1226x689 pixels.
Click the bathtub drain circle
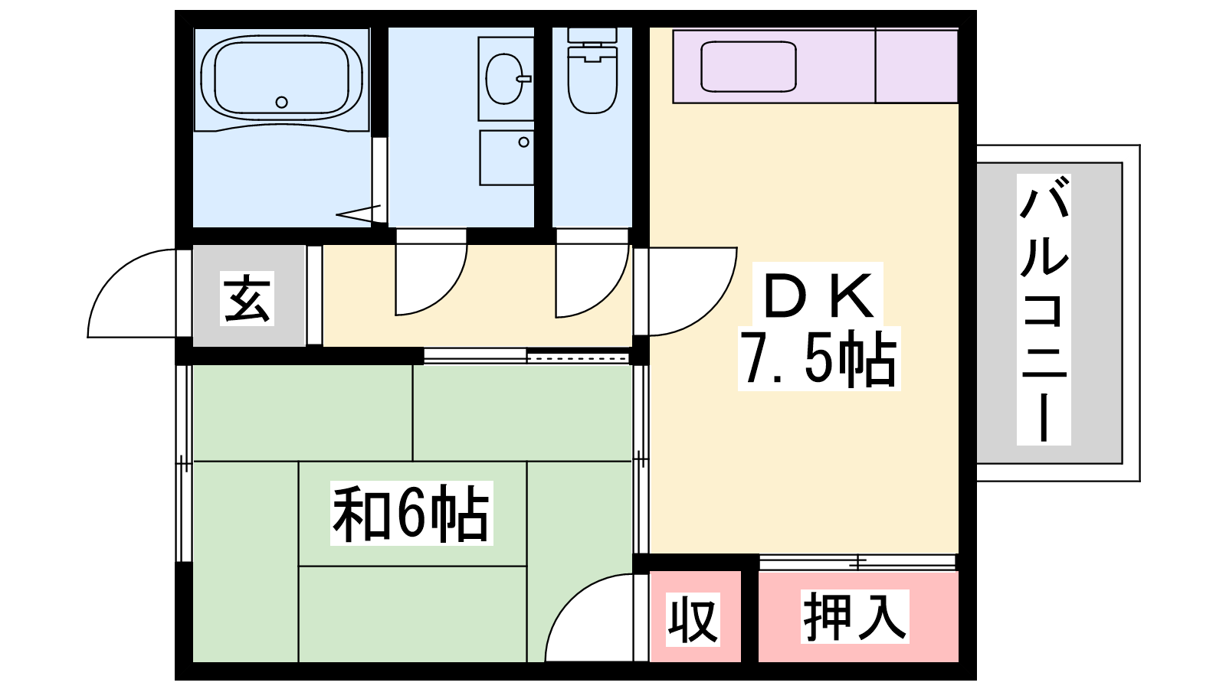tap(281, 103)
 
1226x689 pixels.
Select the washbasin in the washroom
tap(505, 79)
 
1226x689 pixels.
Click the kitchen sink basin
tap(748, 67)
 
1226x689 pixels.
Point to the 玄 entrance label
tap(247, 299)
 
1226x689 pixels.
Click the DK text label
tap(818, 296)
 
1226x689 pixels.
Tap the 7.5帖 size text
tap(819, 359)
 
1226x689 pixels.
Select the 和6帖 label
tap(411, 513)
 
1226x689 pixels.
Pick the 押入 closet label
tap(854, 616)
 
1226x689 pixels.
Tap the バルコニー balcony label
tap(1044, 309)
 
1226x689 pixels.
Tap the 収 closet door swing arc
tap(569, 596)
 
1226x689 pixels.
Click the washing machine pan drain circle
tap(524, 142)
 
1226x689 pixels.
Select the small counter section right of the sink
tap(916, 66)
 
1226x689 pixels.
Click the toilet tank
tap(592, 35)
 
